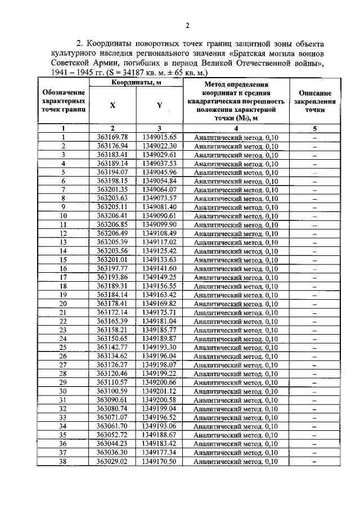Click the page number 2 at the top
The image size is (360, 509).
pos(188,25)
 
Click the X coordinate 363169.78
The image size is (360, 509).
pos(112,137)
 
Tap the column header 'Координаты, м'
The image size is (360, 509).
pos(136,83)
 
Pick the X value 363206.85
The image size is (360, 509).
pos(112,224)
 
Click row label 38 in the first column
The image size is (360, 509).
pos(64,462)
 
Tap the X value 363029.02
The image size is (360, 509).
pos(112,462)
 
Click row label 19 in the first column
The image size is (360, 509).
pos(64,295)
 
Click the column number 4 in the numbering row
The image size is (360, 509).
pos(236,128)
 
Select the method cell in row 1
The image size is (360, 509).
pos(236,137)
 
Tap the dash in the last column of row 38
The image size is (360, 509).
pos(314,462)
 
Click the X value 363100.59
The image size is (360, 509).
pos(112,391)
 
